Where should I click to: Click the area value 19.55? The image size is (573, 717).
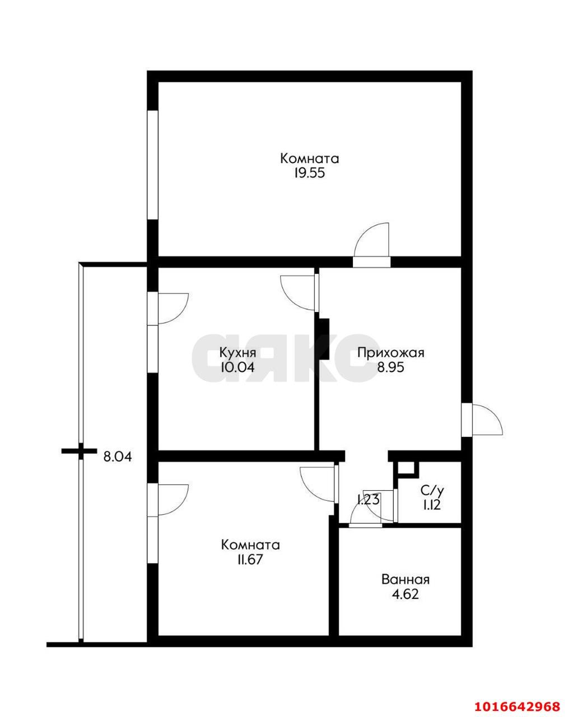(x=309, y=173)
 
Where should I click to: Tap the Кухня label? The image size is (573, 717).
(x=238, y=352)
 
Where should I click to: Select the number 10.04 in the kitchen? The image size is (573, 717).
(x=237, y=367)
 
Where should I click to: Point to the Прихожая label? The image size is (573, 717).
(x=391, y=352)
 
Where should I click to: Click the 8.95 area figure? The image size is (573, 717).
(x=390, y=367)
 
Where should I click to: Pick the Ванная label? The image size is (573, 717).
(x=406, y=580)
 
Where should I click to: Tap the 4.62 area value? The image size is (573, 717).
(x=405, y=595)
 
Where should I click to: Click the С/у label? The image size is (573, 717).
(x=432, y=491)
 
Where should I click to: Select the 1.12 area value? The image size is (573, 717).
(x=432, y=505)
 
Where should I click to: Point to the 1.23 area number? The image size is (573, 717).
(x=368, y=500)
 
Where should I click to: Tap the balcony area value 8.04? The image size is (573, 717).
(x=118, y=457)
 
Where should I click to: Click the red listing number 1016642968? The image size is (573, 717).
(x=518, y=704)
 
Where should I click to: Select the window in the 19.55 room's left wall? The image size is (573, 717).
(x=152, y=165)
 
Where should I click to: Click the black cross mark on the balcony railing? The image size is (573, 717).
(x=80, y=451)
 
